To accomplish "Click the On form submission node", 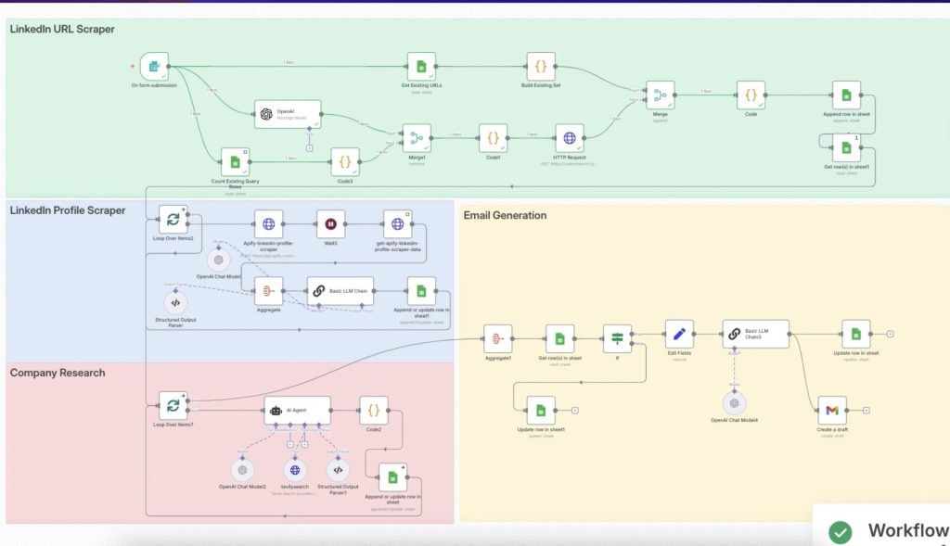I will pyautogui.click(x=155, y=67).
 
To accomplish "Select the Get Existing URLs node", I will pyautogui.click(x=421, y=67).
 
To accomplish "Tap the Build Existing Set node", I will pyautogui.click(x=541, y=67).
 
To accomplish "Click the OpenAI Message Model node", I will pyautogui.click(x=288, y=114).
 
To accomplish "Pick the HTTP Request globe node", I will pyautogui.click(x=569, y=138).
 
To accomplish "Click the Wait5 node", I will pyautogui.click(x=330, y=223).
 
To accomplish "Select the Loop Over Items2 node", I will pyautogui.click(x=173, y=221).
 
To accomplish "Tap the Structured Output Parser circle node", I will pyautogui.click(x=175, y=302).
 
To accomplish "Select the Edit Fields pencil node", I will pyautogui.click(x=679, y=334).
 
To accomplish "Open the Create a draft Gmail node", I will pyautogui.click(x=832, y=410).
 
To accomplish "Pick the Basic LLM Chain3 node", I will pyautogui.click(x=755, y=334).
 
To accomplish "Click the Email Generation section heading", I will pyautogui.click(x=506, y=215).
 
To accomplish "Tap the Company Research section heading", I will pyautogui.click(x=58, y=373).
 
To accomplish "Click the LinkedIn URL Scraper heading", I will pyautogui.click(x=62, y=30).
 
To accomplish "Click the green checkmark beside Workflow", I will pyautogui.click(x=841, y=532).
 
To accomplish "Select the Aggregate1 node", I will pyautogui.click(x=498, y=338).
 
